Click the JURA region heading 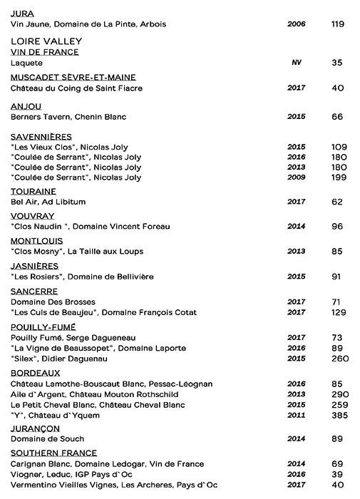click(24, 13)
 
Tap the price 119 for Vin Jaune click(338, 24)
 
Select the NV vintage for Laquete click(296, 63)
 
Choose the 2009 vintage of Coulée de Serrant click(296, 177)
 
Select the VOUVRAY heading click(33, 216)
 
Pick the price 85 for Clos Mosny click(338, 251)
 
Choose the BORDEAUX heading click(35, 373)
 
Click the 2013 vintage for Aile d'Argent click(296, 394)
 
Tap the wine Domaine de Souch click(47, 439)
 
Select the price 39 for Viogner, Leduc click(338, 473)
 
